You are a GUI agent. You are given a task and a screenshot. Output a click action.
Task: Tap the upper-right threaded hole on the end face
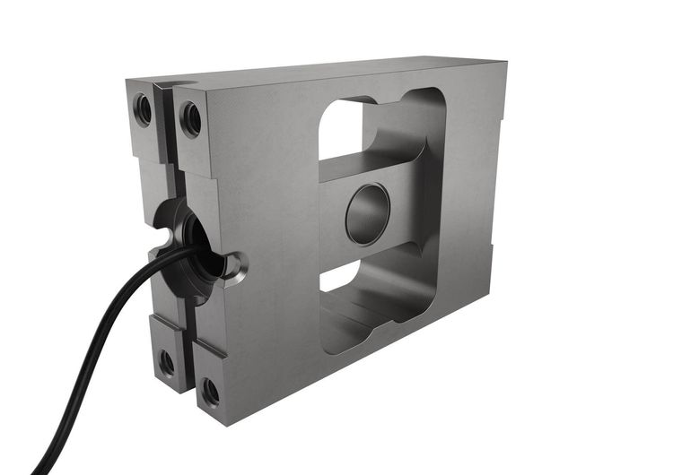coord(190,118)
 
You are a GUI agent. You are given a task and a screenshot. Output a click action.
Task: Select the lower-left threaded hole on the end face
coord(167,362)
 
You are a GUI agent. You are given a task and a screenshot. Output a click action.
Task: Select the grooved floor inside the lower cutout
coord(359,314)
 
